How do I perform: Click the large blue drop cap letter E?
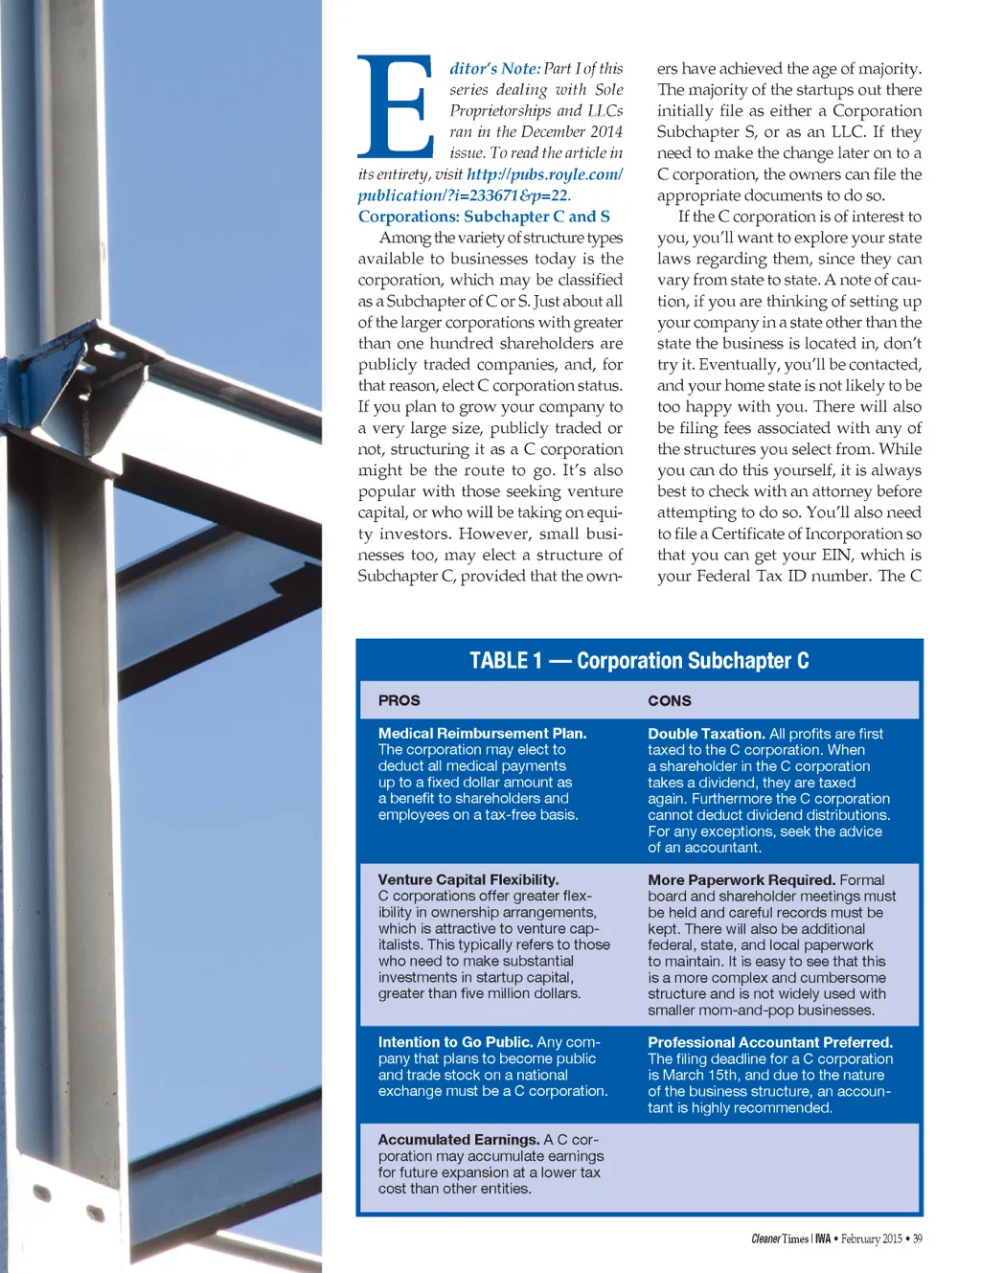coord(395,107)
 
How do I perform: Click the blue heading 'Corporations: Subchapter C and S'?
coord(484,216)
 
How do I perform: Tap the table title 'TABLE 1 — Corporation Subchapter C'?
coord(639,661)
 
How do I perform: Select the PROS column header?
coord(399,700)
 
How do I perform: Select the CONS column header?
coord(669,700)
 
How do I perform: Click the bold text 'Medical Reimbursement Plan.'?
coord(482,734)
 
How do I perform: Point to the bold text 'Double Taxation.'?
coord(706,734)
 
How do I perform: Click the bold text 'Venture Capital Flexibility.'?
coord(468,879)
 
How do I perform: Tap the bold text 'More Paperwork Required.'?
coord(741,879)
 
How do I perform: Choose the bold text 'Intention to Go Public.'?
coord(455,1042)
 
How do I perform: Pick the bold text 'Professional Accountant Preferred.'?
coord(770,1042)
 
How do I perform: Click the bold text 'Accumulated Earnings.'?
coord(459,1140)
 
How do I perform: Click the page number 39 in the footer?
coord(917,1239)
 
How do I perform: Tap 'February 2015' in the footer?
coord(872,1239)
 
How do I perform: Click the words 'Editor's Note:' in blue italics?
coord(494,69)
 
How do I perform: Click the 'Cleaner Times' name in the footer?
coord(780,1239)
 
